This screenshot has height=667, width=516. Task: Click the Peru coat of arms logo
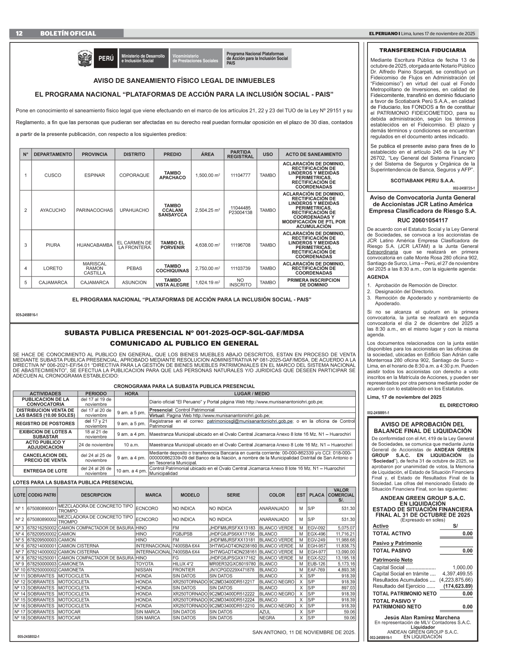click(x=85, y=58)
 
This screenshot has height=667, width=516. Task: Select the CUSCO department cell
click(x=53, y=175)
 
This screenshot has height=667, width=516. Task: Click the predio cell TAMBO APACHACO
click(x=172, y=175)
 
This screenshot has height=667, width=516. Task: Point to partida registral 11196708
click(x=240, y=245)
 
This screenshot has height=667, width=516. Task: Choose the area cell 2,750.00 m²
click(x=207, y=268)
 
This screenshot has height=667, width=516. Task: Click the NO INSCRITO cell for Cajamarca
click(x=240, y=283)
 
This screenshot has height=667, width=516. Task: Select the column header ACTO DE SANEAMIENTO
click(x=313, y=154)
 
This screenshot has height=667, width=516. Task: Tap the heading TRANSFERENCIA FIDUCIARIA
click(x=423, y=51)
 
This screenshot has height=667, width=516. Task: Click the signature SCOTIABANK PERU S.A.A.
click(x=423, y=181)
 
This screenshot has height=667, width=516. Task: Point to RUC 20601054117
click(x=423, y=220)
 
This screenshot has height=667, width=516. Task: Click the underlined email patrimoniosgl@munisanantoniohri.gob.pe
click(x=250, y=421)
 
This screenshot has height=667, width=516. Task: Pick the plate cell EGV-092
click(x=316, y=528)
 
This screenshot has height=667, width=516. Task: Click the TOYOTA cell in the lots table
click(x=144, y=564)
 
